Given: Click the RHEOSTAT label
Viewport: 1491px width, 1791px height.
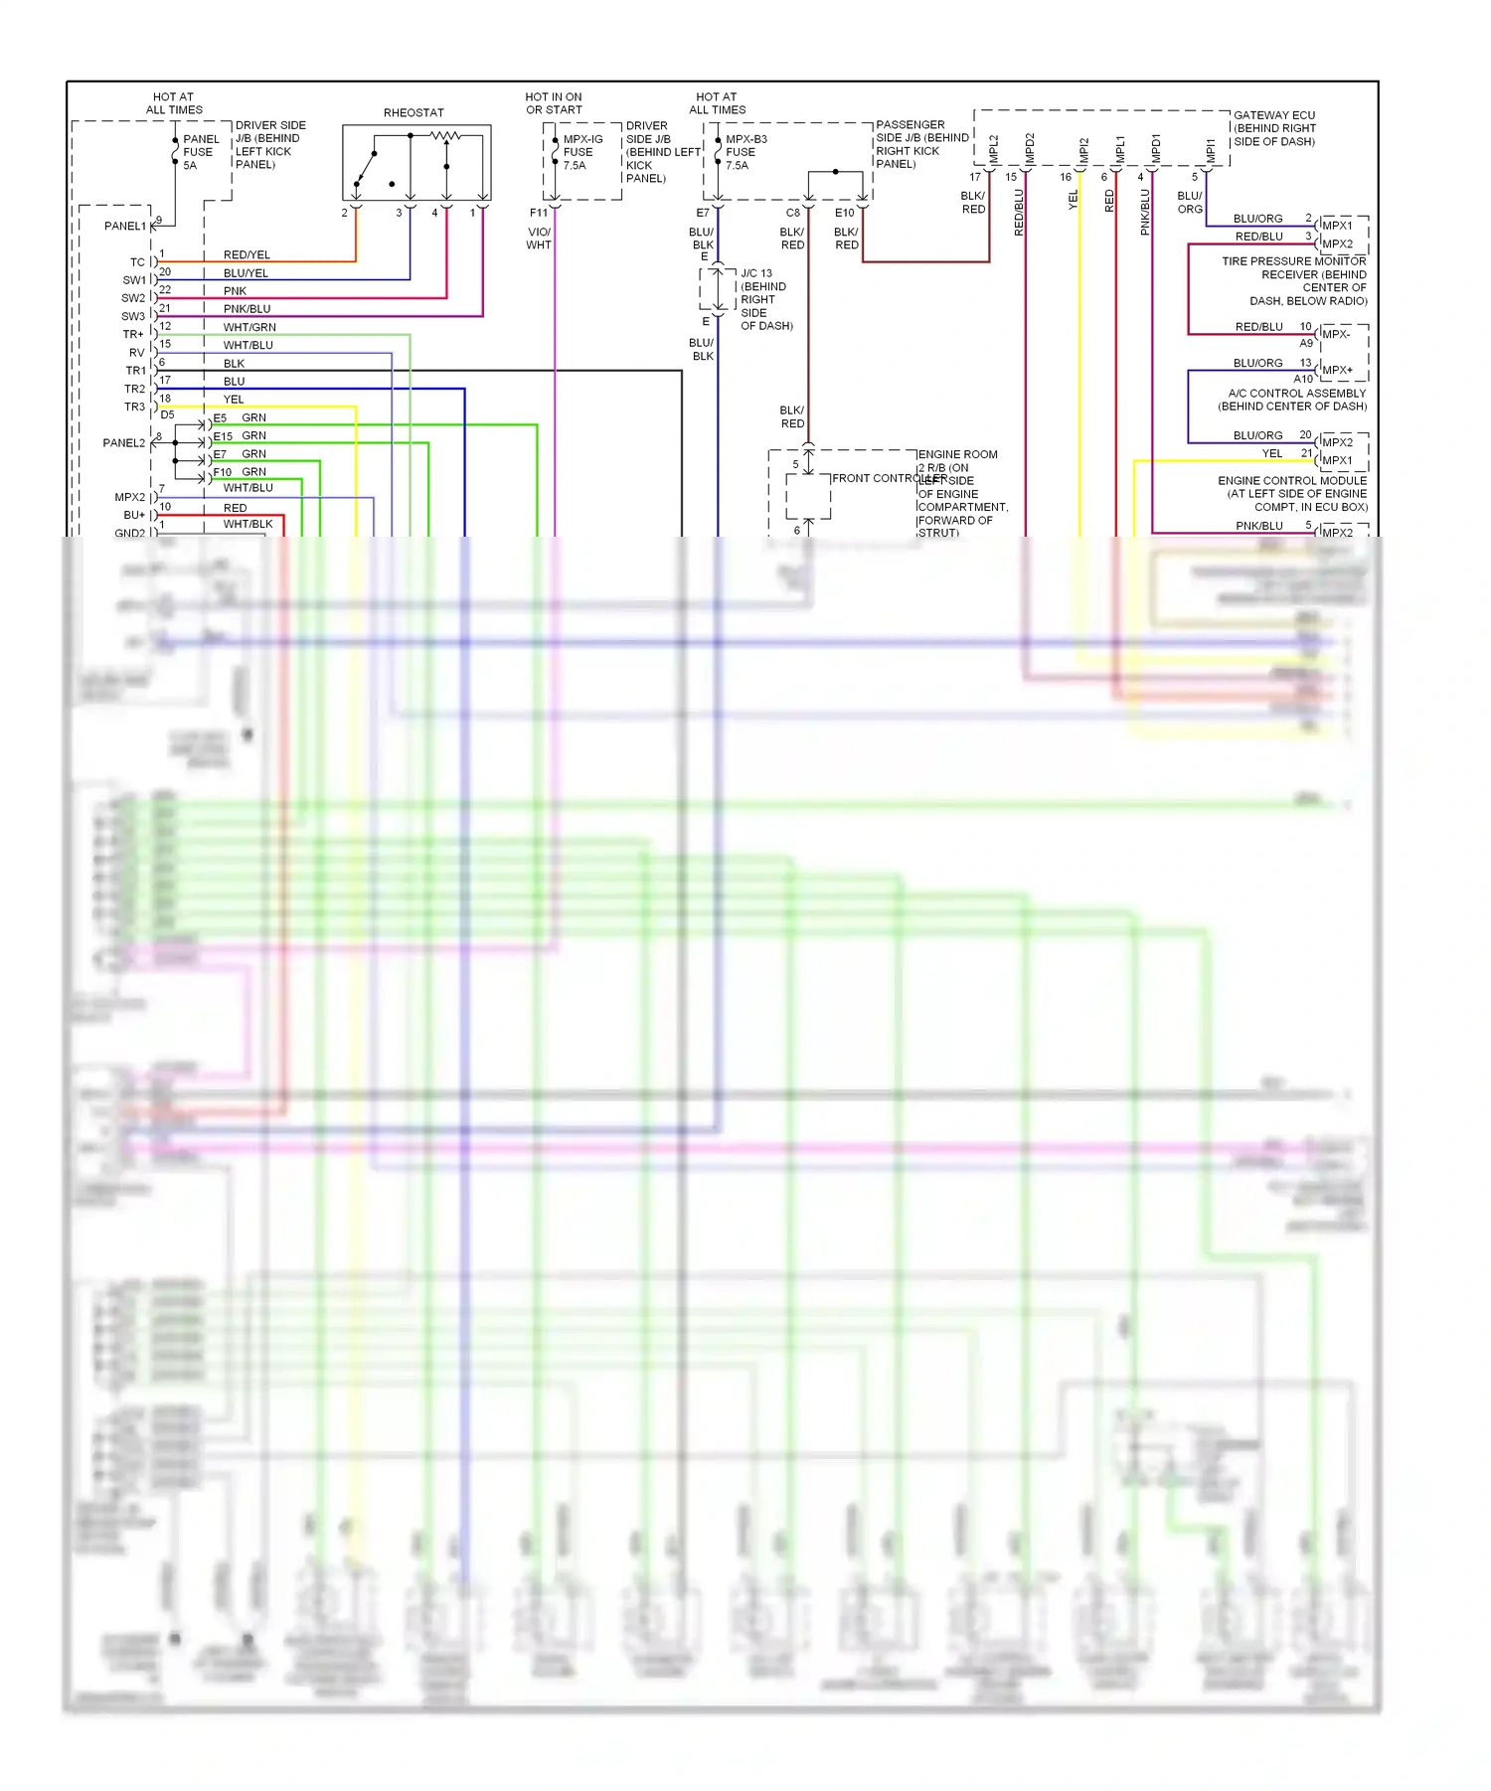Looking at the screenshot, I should [x=414, y=113].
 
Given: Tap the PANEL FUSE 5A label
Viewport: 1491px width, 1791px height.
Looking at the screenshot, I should [x=200, y=152].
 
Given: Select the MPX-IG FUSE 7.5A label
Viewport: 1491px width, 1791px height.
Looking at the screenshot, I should [x=581, y=152].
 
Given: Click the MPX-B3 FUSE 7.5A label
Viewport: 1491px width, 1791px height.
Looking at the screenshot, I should [x=745, y=152].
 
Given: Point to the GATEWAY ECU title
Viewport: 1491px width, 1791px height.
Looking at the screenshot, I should [x=1273, y=115].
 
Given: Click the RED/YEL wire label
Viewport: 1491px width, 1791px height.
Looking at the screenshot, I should [x=247, y=255].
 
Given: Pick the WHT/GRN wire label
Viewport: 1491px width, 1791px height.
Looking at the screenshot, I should [x=249, y=327].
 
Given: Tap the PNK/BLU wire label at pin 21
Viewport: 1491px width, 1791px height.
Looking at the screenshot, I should [x=247, y=309].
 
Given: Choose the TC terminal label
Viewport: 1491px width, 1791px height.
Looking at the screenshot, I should [x=137, y=262].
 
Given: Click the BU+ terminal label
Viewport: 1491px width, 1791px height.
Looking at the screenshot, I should [x=133, y=515].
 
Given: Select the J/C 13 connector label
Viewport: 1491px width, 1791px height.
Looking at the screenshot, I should [x=756, y=273].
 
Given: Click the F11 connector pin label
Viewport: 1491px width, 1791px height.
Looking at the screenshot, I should [x=539, y=213].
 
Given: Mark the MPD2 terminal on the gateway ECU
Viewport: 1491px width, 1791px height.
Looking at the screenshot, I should [x=1030, y=149].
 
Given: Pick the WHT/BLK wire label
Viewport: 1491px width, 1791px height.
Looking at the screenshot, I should [x=248, y=524].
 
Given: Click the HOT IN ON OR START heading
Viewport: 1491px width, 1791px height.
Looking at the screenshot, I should [x=554, y=103].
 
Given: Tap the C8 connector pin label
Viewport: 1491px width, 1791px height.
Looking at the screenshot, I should [x=793, y=213].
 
